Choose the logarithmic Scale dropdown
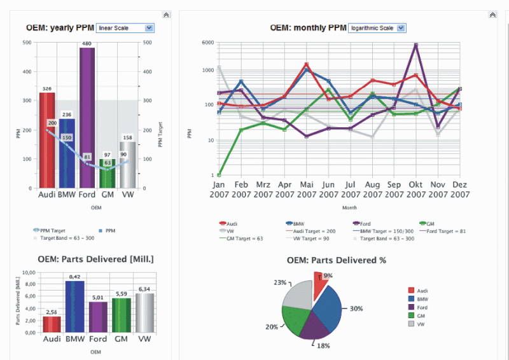(x=377, y=28)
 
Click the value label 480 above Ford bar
(x=87, y=43)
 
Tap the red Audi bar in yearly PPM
(x=47, y=140)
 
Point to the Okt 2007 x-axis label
(x=416, y=189)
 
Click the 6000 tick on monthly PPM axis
(x=207, y=43)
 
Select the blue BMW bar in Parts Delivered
(x=74, y=307)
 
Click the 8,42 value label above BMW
(x=74, y=277)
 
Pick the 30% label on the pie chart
(x=356, y=308)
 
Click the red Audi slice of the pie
(x=319, y=286)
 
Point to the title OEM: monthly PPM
(x=308, y=28)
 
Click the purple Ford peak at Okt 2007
(x=415, y=45)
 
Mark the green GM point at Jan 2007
(x=218, y=175)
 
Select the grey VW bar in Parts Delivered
(x=144, y=313)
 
